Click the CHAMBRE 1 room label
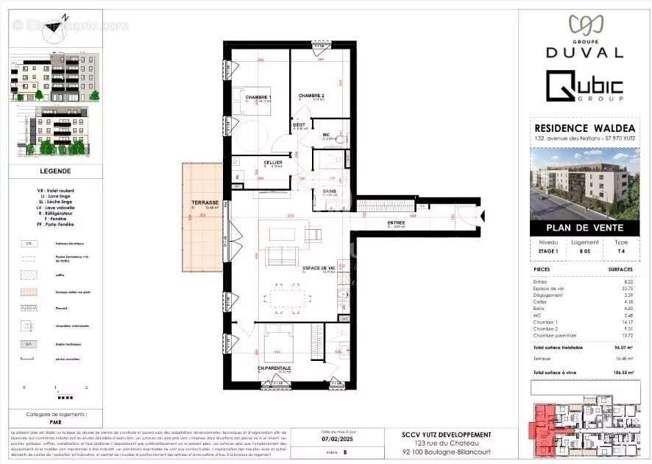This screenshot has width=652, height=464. (x=258, y=98)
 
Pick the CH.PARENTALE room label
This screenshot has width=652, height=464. (x=274, y=368)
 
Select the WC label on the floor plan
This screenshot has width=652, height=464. (x=326, y=135)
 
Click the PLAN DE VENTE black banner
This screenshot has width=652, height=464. (x=584, y=228)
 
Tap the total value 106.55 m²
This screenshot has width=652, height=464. (x=626, y=374)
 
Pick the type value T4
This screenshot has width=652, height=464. (x=621, y=250)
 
